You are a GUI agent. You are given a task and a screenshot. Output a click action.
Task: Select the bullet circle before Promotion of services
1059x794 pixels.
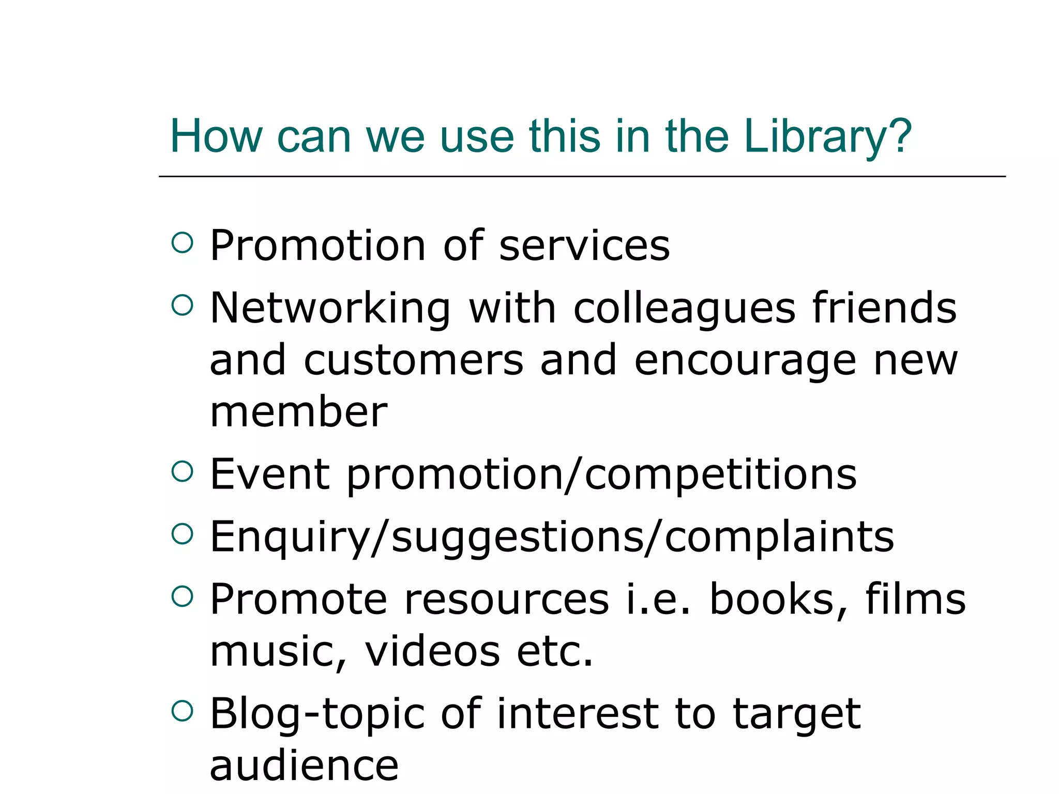pyautogui.click(x=182, y=242)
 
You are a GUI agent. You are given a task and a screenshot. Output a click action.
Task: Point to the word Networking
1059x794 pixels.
pyautogui.click(x=330, y=309)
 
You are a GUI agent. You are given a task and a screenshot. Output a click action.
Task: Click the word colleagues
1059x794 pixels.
pyautogui.click(x=685, y=309)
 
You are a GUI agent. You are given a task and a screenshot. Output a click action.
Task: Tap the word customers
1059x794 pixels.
pyautogui.click(x=414, y=360)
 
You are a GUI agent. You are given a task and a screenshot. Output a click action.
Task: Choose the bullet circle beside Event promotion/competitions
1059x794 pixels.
pyautogui.click(x=182, y=471)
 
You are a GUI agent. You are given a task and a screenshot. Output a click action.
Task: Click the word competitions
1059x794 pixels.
pyautogui.click(x=721, y=475)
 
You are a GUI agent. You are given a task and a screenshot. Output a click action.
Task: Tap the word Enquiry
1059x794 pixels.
pyautogui.click(x=290, y=538)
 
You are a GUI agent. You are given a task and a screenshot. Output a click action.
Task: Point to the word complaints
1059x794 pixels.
pyautogui.click(x=779, y=538)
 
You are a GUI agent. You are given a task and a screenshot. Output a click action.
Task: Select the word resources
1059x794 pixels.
pyautogui.click(x=507, y=600)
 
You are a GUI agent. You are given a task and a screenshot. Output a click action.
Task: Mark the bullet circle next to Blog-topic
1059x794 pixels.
pyautogui.click(x=182, y=711)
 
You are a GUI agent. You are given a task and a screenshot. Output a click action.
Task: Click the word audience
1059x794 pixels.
pyautogui.click(x=304, y=766)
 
